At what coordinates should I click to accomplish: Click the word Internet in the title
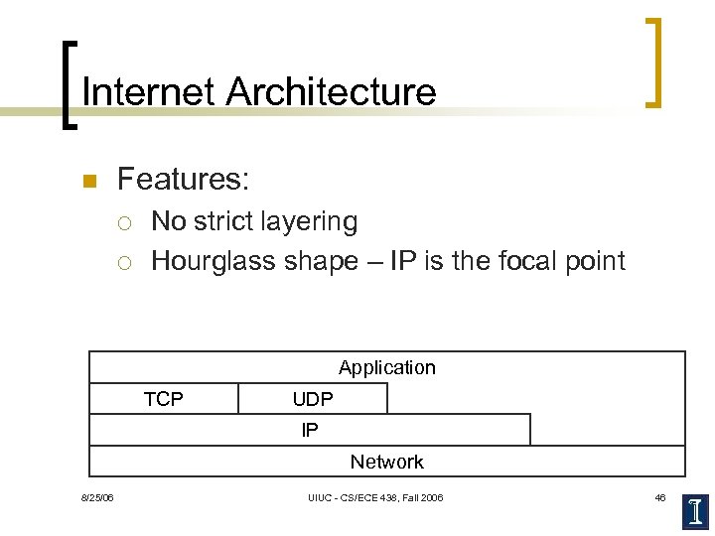tap(149, 92)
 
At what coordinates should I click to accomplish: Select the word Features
tap(183, 180)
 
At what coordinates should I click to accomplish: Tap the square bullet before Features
tap(87, 182)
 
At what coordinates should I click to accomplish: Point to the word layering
tap(312, 221)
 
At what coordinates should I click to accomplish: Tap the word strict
tap(225, 220)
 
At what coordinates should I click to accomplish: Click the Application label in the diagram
tap(387, 367)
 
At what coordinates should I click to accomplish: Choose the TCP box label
tap(164, 399)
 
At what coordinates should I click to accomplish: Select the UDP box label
tap(313, 399)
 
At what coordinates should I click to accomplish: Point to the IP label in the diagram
tap(310, 430)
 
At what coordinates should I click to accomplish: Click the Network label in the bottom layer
tap(387, 462)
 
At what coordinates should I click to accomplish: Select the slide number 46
tap(660, 497)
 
